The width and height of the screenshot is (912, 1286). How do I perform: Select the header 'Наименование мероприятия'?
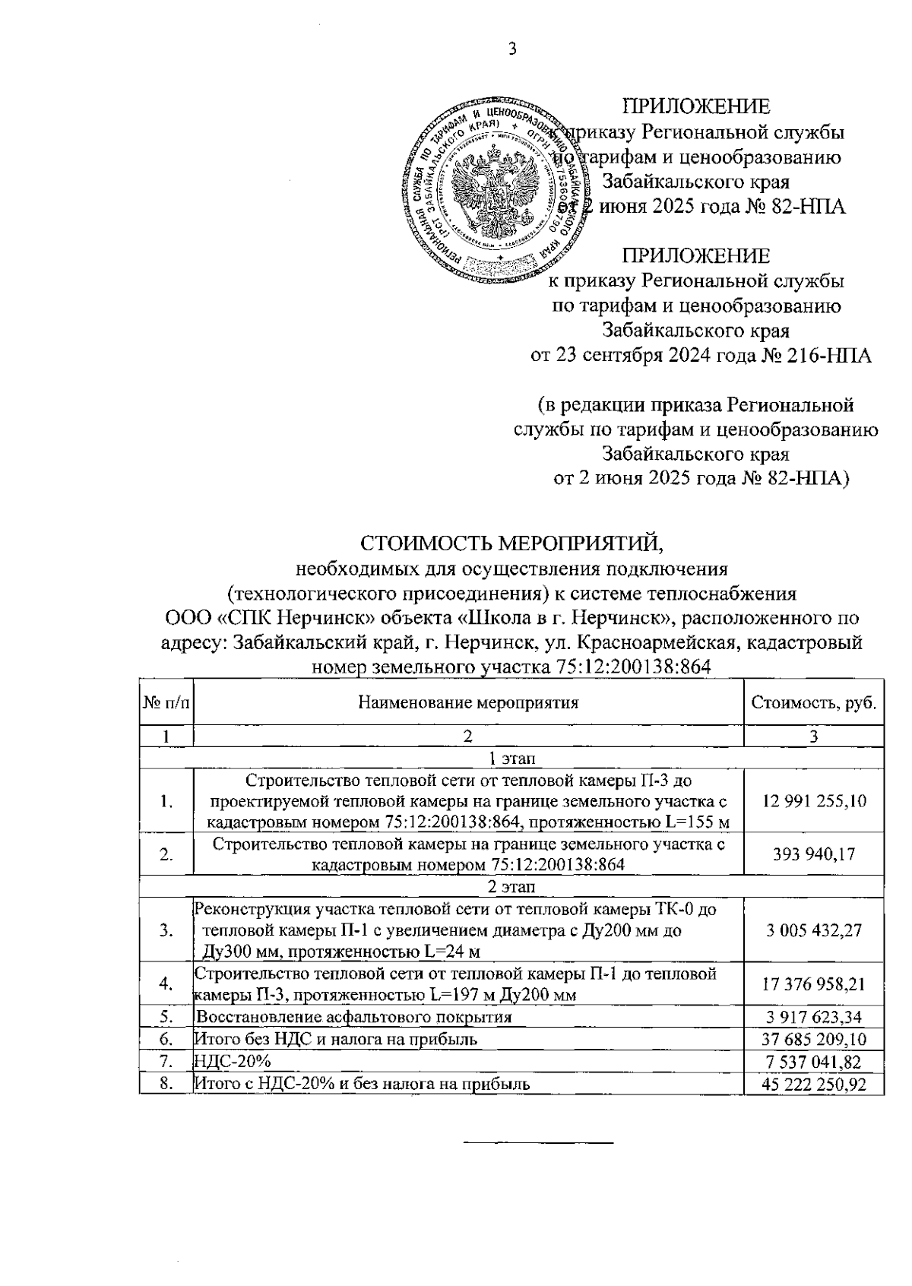click(468, 702)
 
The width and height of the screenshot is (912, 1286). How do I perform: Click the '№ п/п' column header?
click(166, 702)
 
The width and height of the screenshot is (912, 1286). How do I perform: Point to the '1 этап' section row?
click(511, 758)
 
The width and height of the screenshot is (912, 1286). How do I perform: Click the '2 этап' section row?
click(511, 886)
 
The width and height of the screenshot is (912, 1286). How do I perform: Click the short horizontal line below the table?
click(538, 1142)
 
